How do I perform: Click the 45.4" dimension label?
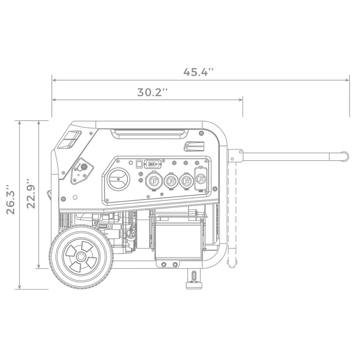coord(198,72)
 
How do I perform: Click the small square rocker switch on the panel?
coord(139,164)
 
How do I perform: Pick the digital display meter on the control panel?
coord(153,164)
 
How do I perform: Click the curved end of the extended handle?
coord(344,156)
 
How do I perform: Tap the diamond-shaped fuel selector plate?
coord(82,171)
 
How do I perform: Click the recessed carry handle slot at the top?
coord(150,133)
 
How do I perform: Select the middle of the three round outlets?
coord(171,181)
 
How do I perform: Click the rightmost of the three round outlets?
coord(186,181)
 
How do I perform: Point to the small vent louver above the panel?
coord(193,146)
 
